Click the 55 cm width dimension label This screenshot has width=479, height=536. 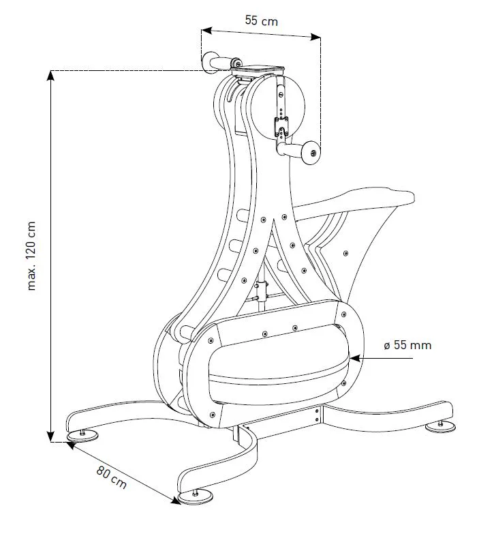262,20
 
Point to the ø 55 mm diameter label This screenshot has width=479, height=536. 407,345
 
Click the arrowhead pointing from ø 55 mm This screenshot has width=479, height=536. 355,357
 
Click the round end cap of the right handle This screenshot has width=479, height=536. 313,152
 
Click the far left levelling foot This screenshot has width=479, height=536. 82,435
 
